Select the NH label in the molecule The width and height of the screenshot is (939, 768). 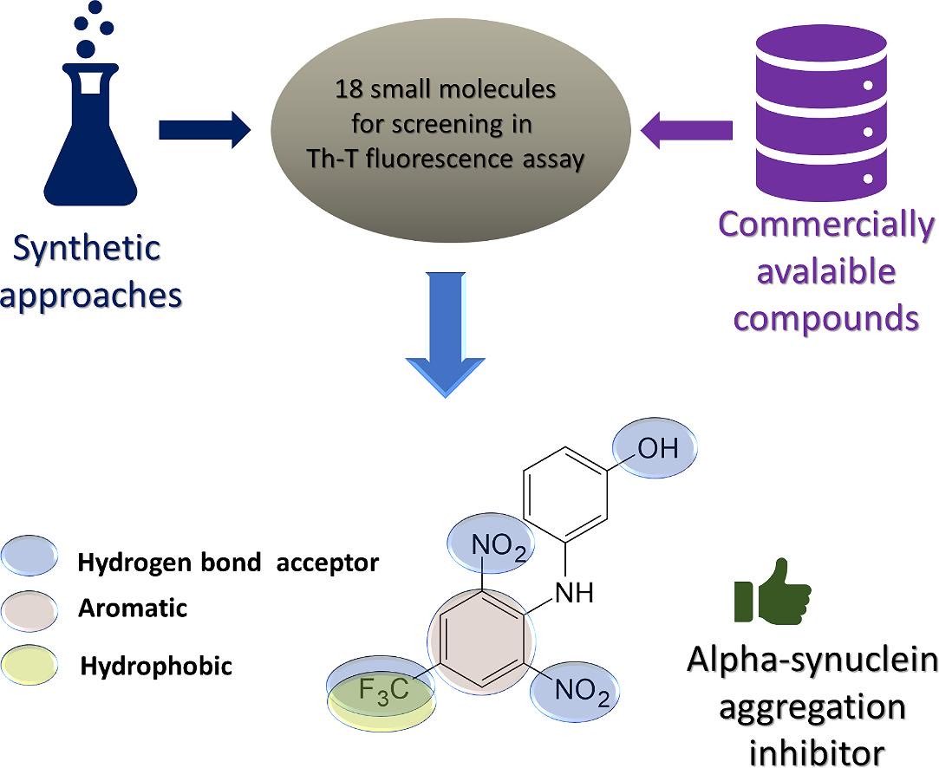coord(573,594)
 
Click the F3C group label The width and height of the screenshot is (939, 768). coord(382,691)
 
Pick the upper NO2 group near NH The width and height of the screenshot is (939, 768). coord(498,547)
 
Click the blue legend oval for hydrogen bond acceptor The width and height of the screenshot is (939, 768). coord(30,556)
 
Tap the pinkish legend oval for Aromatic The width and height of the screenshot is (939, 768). coord(30,609)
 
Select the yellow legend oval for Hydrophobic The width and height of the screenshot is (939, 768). coord(30,665)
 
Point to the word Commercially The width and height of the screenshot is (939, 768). coord(825,225)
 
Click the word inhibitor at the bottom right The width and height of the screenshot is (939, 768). coord(817,751)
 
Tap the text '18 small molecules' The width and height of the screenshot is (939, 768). coord(446,90)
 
